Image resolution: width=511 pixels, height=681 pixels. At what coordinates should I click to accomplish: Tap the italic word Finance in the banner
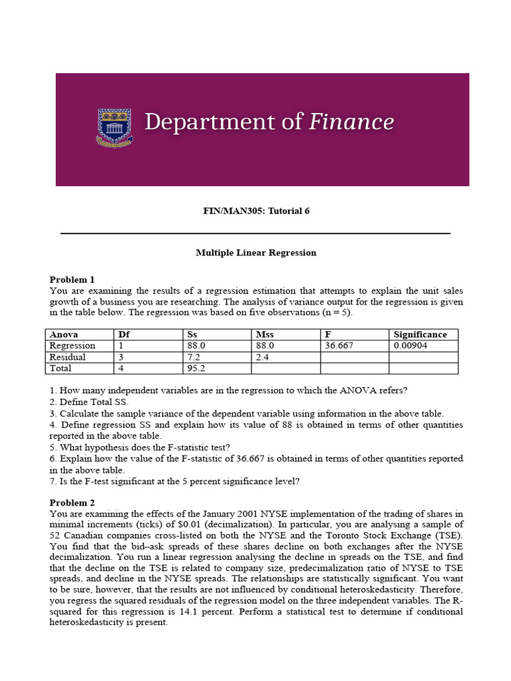click(350, 122)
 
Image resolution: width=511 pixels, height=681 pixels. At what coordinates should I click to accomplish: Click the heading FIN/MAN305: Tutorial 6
click(256, 211)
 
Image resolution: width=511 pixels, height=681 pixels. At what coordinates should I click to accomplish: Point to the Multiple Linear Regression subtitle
click(256, 253)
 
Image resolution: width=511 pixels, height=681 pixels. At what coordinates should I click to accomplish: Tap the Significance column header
click(420, 335)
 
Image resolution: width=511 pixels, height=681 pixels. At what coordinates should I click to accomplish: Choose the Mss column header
click(264, 335)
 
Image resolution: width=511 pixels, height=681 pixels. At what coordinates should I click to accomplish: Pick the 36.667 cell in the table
click(339, 346)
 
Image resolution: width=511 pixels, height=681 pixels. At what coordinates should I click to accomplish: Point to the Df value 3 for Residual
click(121, 357)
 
